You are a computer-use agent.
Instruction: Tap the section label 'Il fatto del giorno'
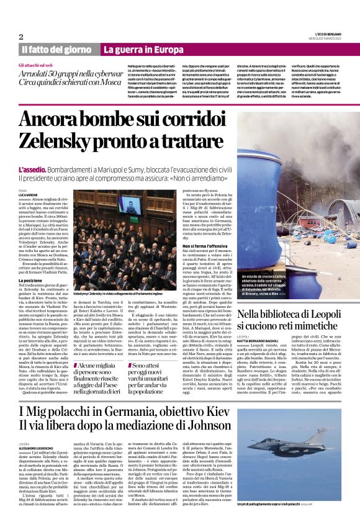click(57, 49)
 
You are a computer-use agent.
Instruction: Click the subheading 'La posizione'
click(32, 281)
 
